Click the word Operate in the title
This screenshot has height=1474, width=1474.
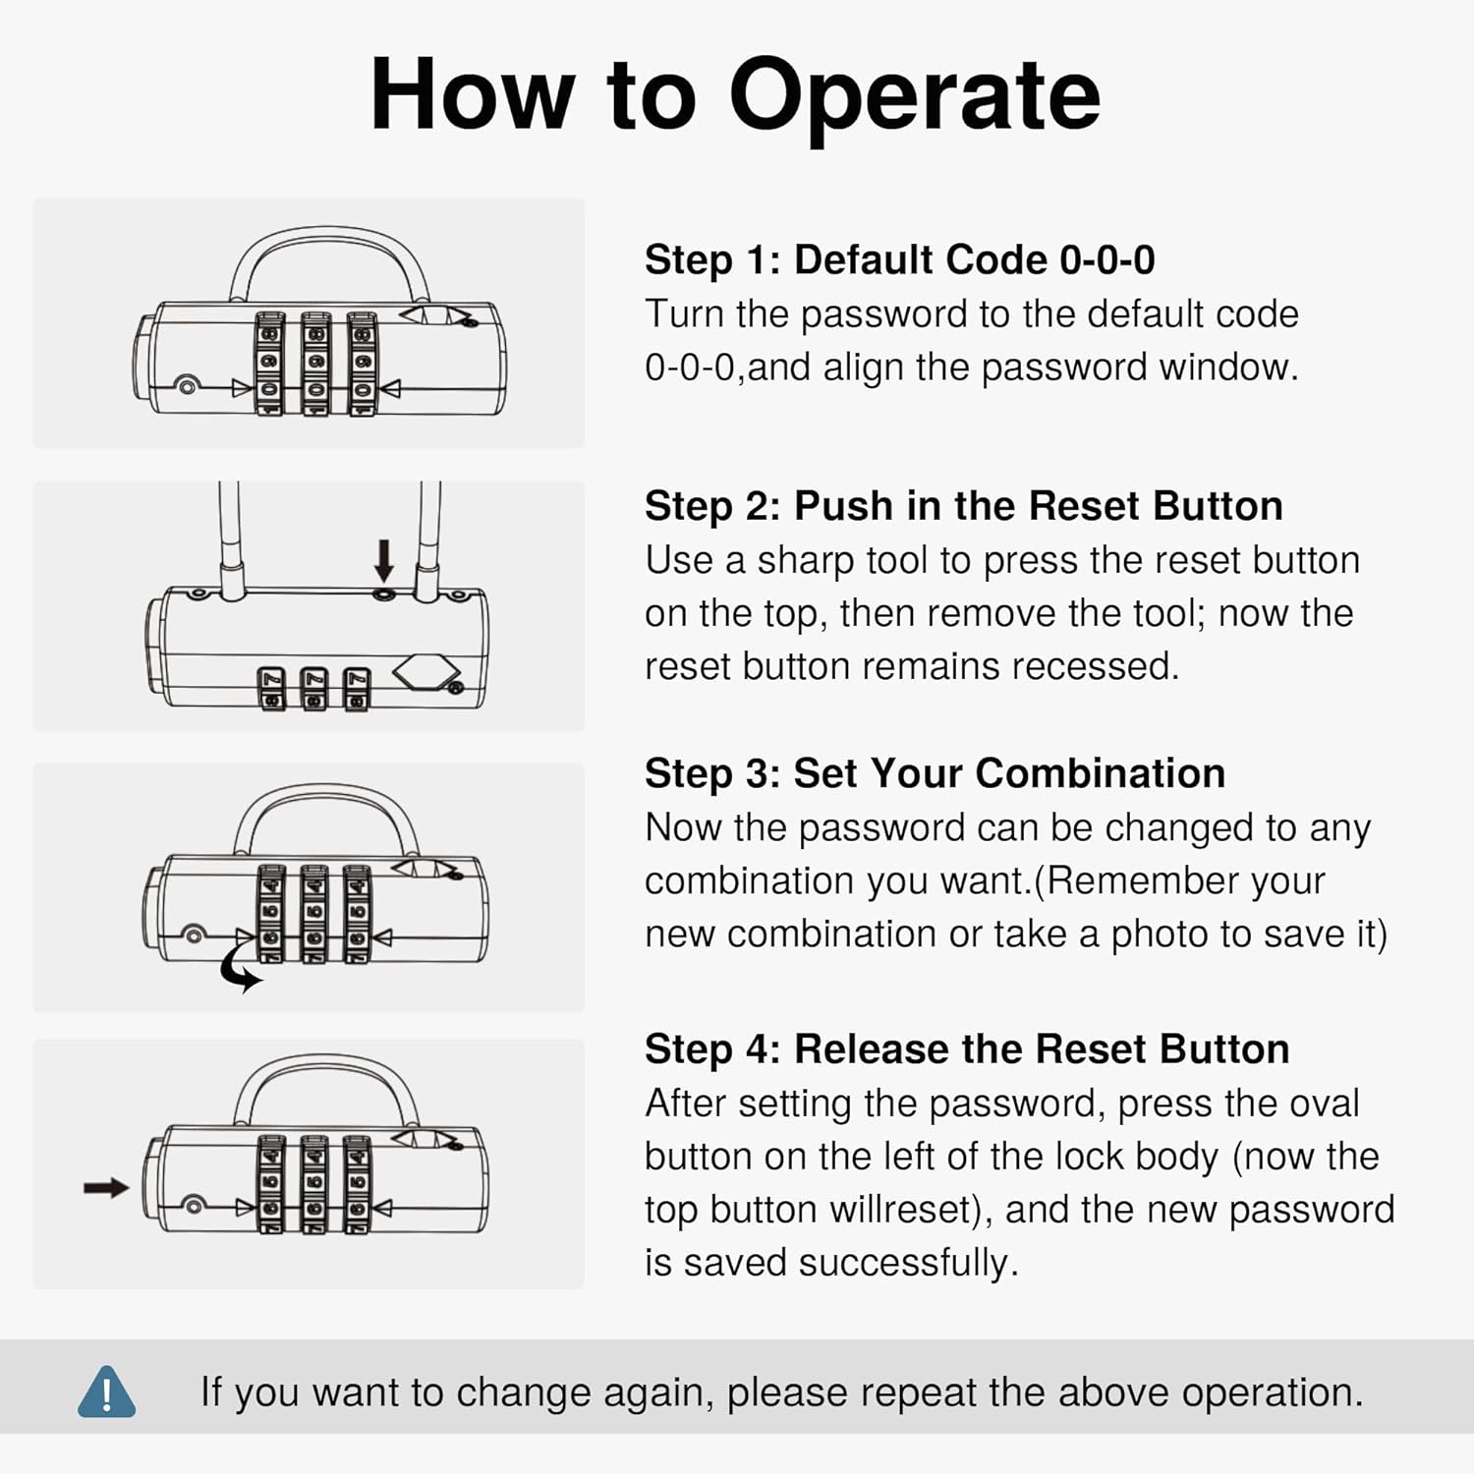click(914, 96)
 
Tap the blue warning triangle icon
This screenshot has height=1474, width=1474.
click(107, 1391)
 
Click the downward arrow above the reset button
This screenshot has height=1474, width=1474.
click(384, 560)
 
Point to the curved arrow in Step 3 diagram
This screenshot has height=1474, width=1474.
click(240, 970)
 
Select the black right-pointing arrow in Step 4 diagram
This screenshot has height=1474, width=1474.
click(106, 1188)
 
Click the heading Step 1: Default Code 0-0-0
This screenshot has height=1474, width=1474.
click(899, 260)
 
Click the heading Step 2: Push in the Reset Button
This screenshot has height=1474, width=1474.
click(964, 506)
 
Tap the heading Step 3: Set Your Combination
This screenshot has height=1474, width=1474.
click(935, 773)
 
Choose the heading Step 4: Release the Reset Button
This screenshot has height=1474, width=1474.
click(967, 1049)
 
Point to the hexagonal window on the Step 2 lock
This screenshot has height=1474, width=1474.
click(426, 673)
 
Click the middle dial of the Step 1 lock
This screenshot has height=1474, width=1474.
click(315, 364)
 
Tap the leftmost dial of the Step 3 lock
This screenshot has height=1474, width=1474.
click(271, 914)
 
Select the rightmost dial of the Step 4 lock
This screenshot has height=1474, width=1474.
click(357, 1184)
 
